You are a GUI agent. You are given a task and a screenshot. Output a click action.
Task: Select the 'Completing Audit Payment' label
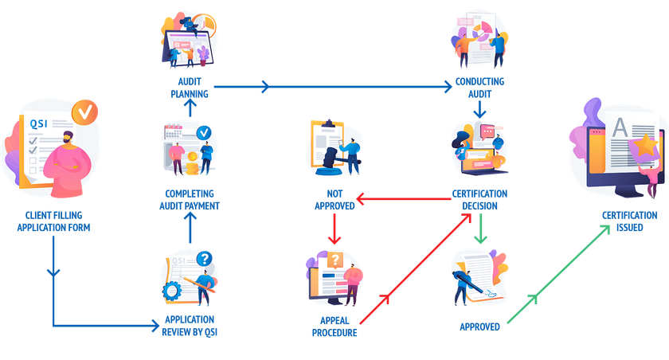point(189,199)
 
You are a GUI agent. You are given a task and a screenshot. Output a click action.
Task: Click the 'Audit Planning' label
point(190,88)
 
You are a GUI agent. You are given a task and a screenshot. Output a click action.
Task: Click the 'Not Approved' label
point(330,199)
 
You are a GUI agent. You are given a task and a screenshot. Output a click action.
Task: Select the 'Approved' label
point(480,327)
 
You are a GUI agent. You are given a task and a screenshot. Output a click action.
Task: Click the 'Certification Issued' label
point(629,221)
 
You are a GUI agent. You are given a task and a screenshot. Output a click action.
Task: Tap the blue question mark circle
point(205,258)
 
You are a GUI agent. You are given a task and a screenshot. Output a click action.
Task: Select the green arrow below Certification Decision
point(479,231)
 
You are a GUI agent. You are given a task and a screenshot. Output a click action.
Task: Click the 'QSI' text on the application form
point(38,123)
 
